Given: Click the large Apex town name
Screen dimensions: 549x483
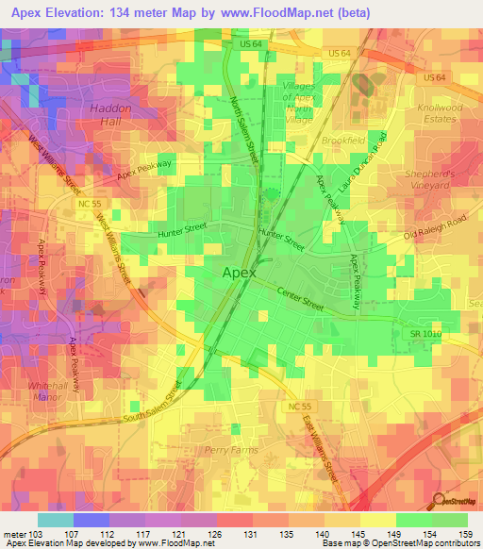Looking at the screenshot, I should pyautogui.click(x=240, y=273).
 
